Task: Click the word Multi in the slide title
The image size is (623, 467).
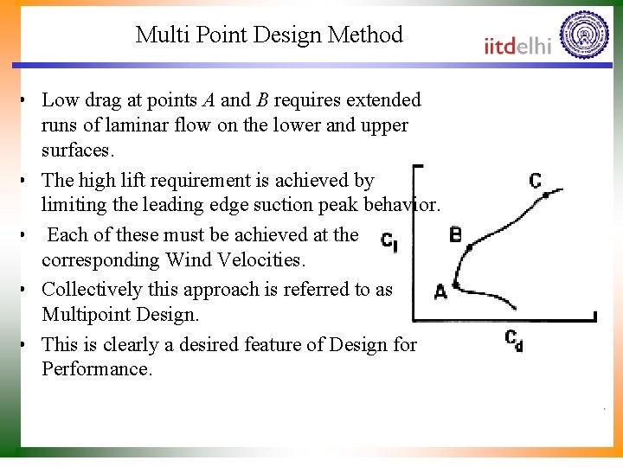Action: pyautogui.click(x=157, y=35)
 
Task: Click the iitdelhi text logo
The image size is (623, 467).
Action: pyautogui.click(x=517, y=46)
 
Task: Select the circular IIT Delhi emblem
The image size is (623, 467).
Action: pyautogui.click(x=584, y=35)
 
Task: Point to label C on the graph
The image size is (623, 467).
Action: pyautogui.click(x=536, y=181)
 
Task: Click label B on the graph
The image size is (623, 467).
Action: pyautogui.click(x=455, y=234)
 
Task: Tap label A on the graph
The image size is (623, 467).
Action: pyautogui.click(x=440, y=292)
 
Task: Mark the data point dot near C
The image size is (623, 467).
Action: pyautogui.click(x=546, y=195)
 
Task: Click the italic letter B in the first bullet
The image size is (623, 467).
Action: pyautogui.click(x=261, y=100)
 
